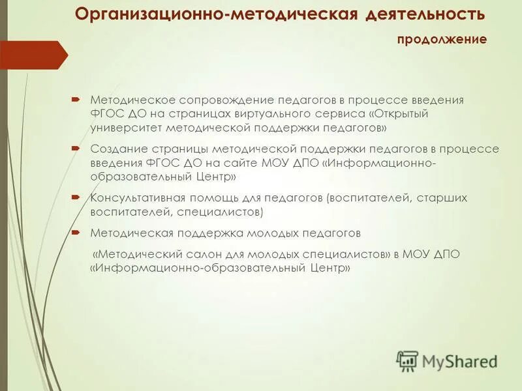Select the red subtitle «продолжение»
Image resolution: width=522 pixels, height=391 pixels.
tap(442, 40)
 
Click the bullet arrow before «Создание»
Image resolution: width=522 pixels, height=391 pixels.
tap(76, 149)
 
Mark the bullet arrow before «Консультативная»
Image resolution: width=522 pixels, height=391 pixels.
tap(76, 197)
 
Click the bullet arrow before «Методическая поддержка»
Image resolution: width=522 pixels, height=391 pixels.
tap(76, 233)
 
